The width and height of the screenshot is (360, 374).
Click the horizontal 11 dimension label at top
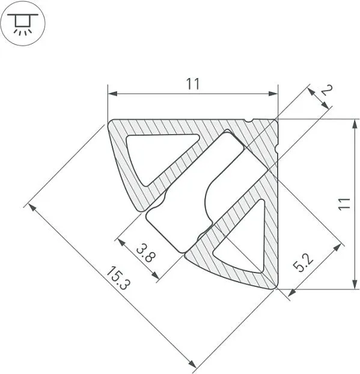[192, 83]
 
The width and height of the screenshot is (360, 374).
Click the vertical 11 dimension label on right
[344, 204]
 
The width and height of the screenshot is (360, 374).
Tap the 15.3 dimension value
[118, 278]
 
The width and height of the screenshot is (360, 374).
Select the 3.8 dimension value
[146, 253]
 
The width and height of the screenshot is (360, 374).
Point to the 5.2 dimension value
[303, 263]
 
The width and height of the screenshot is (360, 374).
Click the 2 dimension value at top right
[327, 91]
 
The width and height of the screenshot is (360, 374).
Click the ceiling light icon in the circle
[23, 25]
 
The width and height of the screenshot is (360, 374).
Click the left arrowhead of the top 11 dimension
[112, 94]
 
